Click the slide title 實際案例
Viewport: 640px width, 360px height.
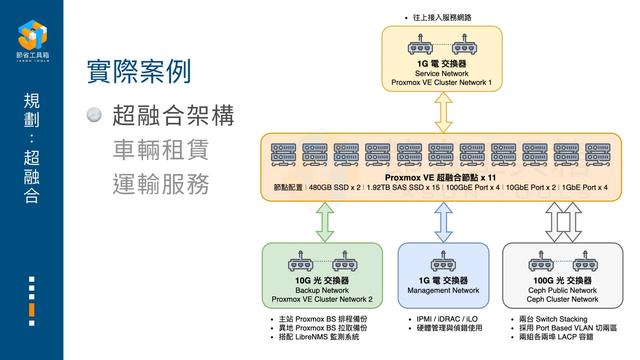139,72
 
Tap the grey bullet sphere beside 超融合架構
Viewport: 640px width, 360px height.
94,115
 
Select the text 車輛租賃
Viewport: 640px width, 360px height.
161,150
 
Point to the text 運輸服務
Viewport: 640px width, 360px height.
161,184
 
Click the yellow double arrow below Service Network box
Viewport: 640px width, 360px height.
443,112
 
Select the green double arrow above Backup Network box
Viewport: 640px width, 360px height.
325,222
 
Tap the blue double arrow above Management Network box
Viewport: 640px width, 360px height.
443,222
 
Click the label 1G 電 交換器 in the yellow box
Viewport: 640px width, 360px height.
442,64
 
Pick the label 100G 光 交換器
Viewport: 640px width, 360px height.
562,281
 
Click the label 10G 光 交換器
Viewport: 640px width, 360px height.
322,281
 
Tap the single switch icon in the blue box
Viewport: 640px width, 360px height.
443,262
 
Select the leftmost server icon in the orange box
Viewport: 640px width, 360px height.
283,155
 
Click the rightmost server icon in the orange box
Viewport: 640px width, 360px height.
597,155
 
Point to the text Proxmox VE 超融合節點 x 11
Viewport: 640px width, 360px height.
440,178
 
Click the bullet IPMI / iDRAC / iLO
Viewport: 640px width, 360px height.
447,319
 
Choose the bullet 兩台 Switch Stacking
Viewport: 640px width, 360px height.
553,319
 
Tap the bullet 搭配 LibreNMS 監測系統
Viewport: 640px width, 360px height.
319,337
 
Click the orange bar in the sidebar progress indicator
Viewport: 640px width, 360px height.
32,310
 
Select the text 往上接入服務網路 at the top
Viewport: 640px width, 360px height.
442,17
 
